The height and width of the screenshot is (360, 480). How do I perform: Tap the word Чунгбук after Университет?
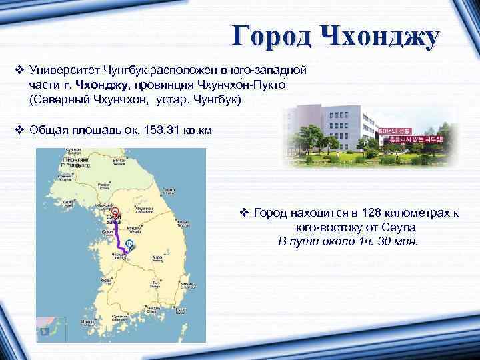pos(133,69)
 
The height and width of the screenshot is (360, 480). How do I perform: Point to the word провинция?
pos(165,85)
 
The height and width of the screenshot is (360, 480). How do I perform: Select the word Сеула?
pos(399,227)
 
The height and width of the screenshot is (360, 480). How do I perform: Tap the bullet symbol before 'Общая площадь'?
pos(19,131)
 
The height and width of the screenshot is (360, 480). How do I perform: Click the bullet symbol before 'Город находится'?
pos(244,213)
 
